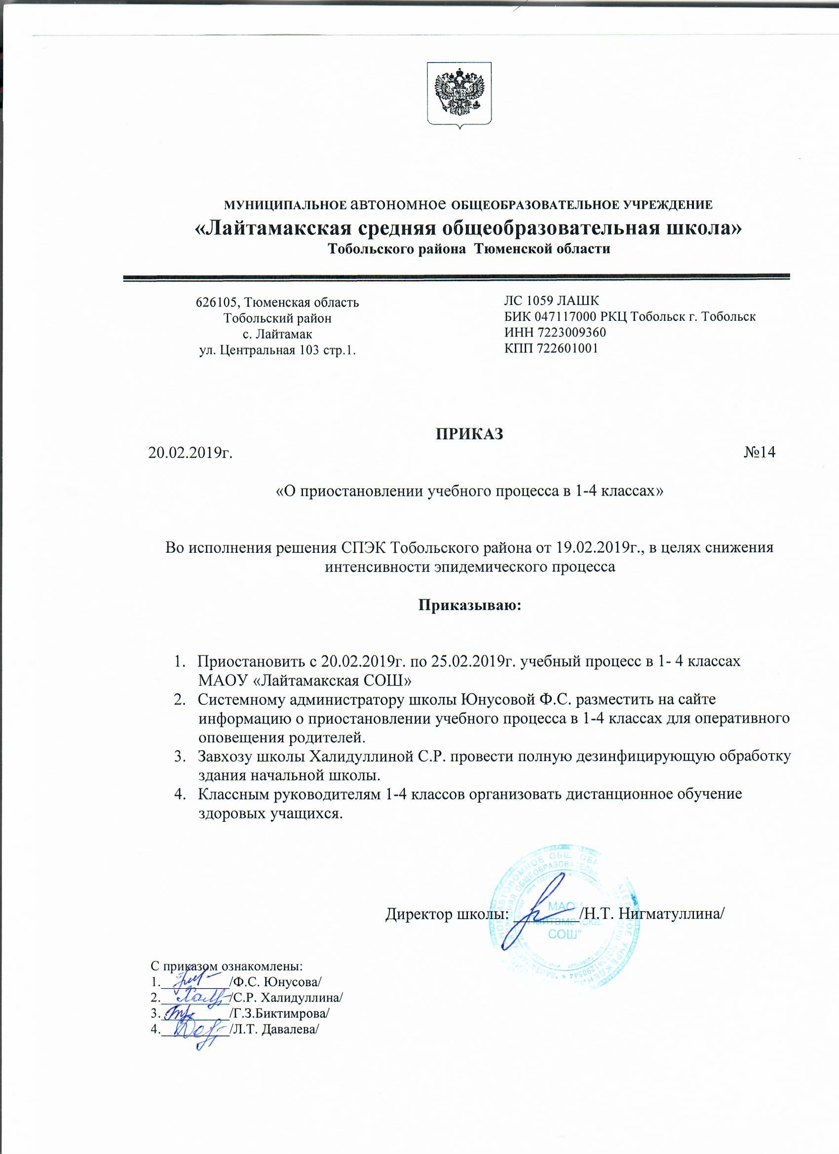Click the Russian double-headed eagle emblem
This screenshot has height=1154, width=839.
click(x=459, y=94)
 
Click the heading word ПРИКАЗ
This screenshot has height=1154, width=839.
click(x=469, y=433)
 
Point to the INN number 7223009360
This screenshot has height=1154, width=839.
click(x=573, y=332)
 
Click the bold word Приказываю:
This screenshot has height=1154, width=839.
click(x=470, y=606)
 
